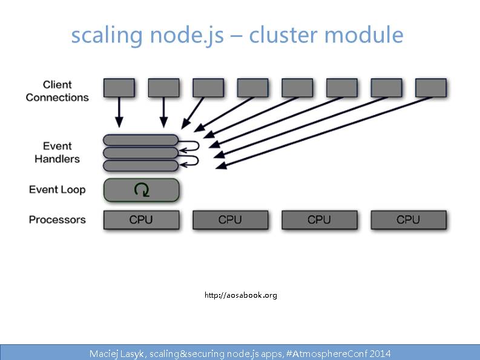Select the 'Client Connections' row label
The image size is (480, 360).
(x=57, y=91)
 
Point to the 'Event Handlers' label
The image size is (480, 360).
(x=57, y=152)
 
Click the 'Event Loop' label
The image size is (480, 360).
(x=57, y=190)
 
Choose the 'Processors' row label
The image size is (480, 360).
(x=57, y=220)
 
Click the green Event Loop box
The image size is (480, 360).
(x=142, y=190)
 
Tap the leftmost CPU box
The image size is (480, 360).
(x=141, y=220)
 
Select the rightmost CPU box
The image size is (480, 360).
(x=408, y=220)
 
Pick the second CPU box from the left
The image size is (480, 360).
(x=230, y=220)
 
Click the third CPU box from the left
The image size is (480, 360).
(x=319, y=220)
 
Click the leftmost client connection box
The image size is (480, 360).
(x=119, y=88)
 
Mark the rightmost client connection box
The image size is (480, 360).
(x=430, y=88)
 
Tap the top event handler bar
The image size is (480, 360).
(x=141, y=140)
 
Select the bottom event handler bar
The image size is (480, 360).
(x=141, y=165)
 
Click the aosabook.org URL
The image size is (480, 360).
(x=240, y=295)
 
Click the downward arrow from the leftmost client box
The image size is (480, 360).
(x=119, y=113)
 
